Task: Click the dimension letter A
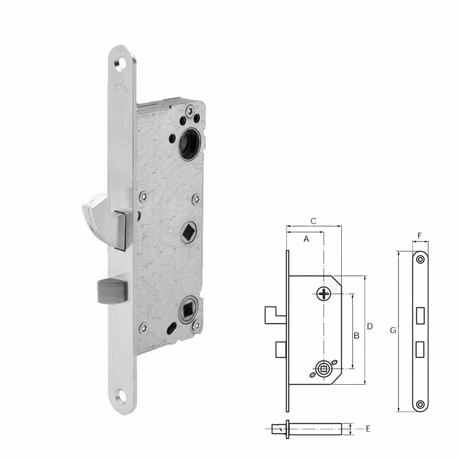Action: pyautogui.click(x=306, y=239)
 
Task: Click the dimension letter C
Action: pyautogui.click(x=313, y=220)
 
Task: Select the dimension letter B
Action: pyautogui.click(x=356, y=335)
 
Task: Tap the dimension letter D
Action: pyautogui.click(x=370, y=326)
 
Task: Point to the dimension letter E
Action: pyautogui.click(x=369, y=428)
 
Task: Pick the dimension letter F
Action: pyautogui.click(x=420, y=235)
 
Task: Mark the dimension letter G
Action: pyautogui.click(x=392, y=330)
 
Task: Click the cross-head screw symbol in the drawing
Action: pyautogui.click(x=324, y=294)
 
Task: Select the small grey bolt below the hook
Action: pyautogui.click(x=112, y=290)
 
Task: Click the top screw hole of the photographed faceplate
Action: pyautogui.click(x=121, y=65)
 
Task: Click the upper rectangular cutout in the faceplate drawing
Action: pyautogui.click(x=421, y=315)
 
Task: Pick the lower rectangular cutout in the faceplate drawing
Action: pyautogui.click(x=421, y=347)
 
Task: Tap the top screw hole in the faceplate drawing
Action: pyautogui.click(x=421, y=259)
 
